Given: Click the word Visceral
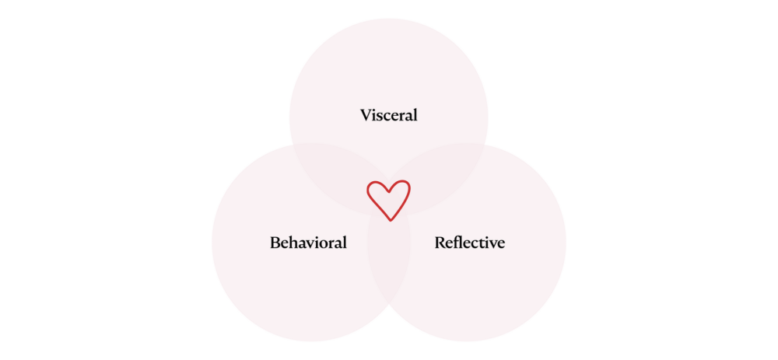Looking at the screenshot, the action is [388, 115].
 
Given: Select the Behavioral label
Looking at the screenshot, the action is [308, 243].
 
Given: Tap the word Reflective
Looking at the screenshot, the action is [469, 243].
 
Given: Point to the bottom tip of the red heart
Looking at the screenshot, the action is [390, 220].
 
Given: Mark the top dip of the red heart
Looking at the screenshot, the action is [388, 191].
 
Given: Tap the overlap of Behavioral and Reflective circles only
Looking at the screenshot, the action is [388, 267].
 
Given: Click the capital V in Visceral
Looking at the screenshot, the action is [366, 116].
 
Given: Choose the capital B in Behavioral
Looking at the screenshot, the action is [275, 243].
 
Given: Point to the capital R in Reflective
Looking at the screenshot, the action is [440, 243].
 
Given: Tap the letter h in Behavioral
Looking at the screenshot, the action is [295, 243].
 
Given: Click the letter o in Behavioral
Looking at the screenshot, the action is [326, 244].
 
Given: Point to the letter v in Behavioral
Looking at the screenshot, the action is [312, 244].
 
